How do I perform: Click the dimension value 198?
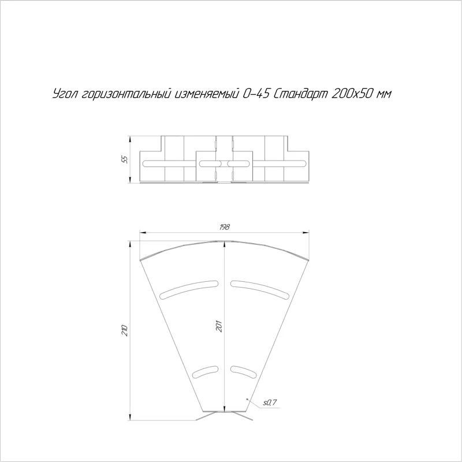[225, 227]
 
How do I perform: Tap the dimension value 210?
[125, 330]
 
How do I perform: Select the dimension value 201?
[219, 326]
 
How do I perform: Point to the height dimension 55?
[125, 159]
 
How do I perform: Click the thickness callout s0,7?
[270, 402]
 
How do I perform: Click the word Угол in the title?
[66, 94]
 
